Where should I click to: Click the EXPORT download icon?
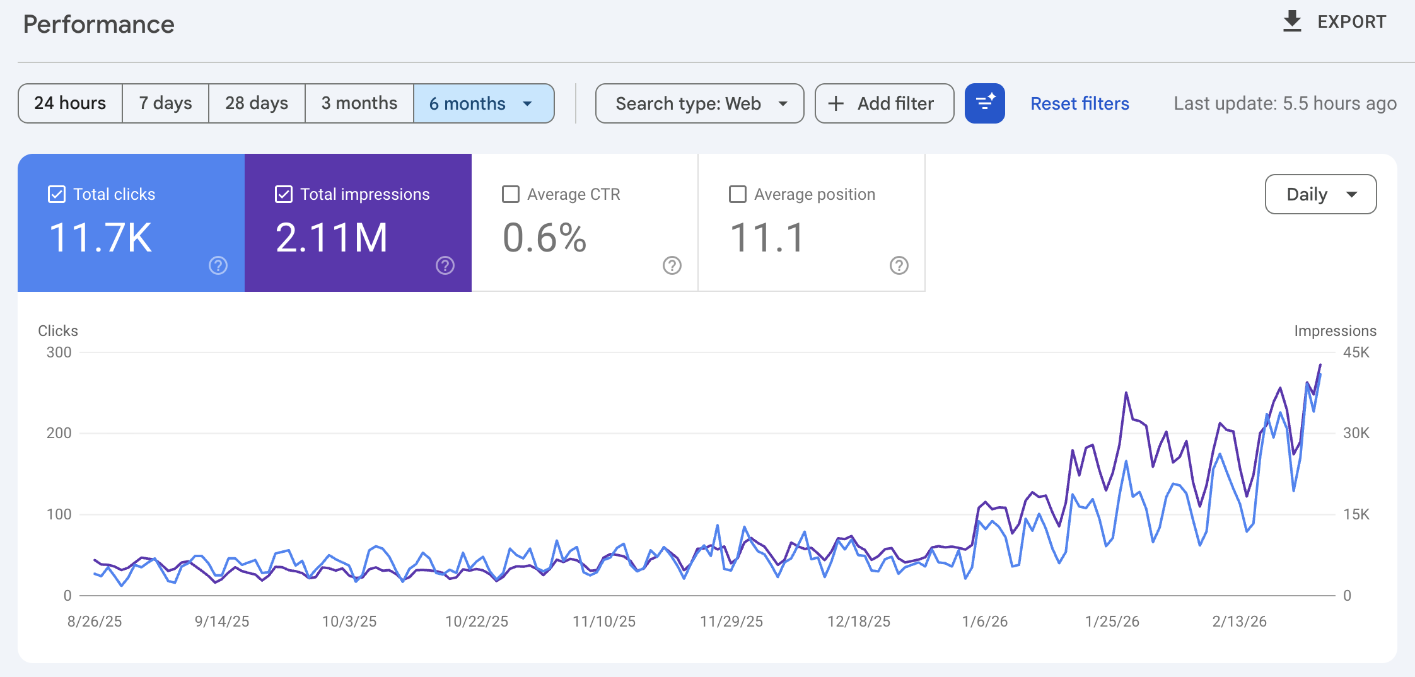(x=1292, y=21)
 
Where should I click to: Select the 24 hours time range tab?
(x=70, y=103)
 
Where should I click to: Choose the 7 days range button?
(x=165, y=103)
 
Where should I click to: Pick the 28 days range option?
(x=257, y=103)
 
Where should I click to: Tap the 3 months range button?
(x=359, y=103)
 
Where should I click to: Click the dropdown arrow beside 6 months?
(x=528, y=104)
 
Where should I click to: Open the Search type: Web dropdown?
(x=699, y=103)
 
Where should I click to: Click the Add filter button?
(x=883, y=103)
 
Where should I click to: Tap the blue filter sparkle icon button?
(x=984, y=103)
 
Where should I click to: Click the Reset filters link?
(x=1080, y=103)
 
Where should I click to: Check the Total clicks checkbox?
(x=57, y=194)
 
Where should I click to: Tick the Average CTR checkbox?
(x=511, y=194)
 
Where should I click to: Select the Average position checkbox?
(x=738, y=194)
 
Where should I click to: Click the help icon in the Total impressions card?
(x=445, y=265)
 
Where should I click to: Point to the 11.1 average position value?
(x=767, y=238)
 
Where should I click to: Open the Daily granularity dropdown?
(x=1320, y=194)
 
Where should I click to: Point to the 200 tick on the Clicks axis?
(x=59, y=433)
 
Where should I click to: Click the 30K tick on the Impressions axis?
(x=1356, y=433)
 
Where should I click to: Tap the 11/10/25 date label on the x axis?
(x=603, y=622)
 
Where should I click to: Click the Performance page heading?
(x=99, y=25)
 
